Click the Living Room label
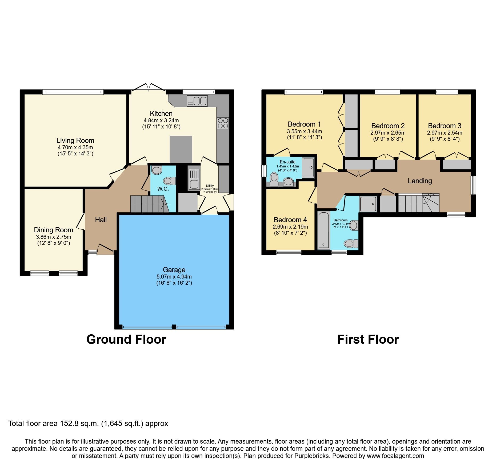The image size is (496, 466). pyautogui.click(x=75, y=140)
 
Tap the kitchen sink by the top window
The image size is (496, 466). pyautogui.click(x=197, y=101)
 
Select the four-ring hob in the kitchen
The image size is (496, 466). pyautogui.click(x=223, y=123)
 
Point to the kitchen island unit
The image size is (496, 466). pyautogui.click(x=181, y=149)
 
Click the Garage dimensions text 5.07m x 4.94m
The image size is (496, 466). pyautogui.click(x=174, y=277)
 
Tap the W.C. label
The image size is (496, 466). pyautogui.click(x=163, y=189)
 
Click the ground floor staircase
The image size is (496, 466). pyautogui.click(x=148, y=204)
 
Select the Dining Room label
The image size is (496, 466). pyautogui.click(x=53, y=230)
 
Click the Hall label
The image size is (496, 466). pyautogui.click(x=101, y=220)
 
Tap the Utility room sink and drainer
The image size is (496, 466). pyautogui.click(x=194, y=178)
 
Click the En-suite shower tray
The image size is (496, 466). pyautogui.click(x=308, y=167)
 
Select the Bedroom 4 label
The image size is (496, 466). pyautogui.click(x=290, y=220)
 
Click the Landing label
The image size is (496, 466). pyautogui.click(x=419, y=181)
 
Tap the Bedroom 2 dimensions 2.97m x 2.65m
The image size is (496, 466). pyautogui.click(x=388, y=133)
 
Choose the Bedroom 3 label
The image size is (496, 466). pyautogui.click(x=444, y=126)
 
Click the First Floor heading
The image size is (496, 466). pyautogui.click(x=368, y=339)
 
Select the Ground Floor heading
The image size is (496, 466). pyautogui.click(x=126, y=339)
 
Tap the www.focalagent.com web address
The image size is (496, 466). pyautogui.click(x=395, y=456)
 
